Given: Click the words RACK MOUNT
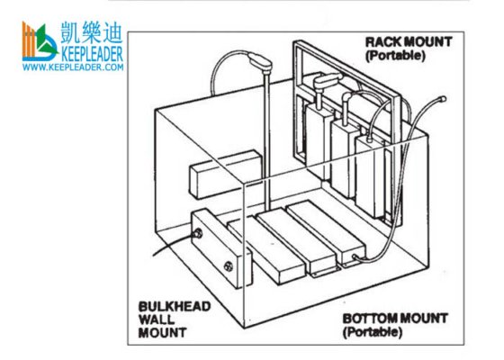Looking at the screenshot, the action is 409,42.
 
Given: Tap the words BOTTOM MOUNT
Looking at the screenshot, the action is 395,319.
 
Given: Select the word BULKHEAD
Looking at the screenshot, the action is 175,306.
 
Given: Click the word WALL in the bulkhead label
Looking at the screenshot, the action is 157,319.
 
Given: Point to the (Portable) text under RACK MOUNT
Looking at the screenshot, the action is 395,56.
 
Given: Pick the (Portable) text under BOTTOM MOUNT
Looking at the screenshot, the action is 373,332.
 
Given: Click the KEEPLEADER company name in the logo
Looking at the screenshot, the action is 92,54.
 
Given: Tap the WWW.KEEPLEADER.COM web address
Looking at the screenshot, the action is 73,67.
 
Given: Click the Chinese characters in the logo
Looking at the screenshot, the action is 92,32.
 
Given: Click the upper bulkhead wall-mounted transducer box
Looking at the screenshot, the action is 225,174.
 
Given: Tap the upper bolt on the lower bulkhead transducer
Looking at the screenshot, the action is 198,233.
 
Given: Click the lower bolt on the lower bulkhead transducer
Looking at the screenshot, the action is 229,266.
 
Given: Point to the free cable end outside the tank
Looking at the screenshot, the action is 443,99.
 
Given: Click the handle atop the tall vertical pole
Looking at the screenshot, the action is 260,61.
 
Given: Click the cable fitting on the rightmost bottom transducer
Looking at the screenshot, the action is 355,257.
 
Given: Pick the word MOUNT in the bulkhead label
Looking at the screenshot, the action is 162,332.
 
